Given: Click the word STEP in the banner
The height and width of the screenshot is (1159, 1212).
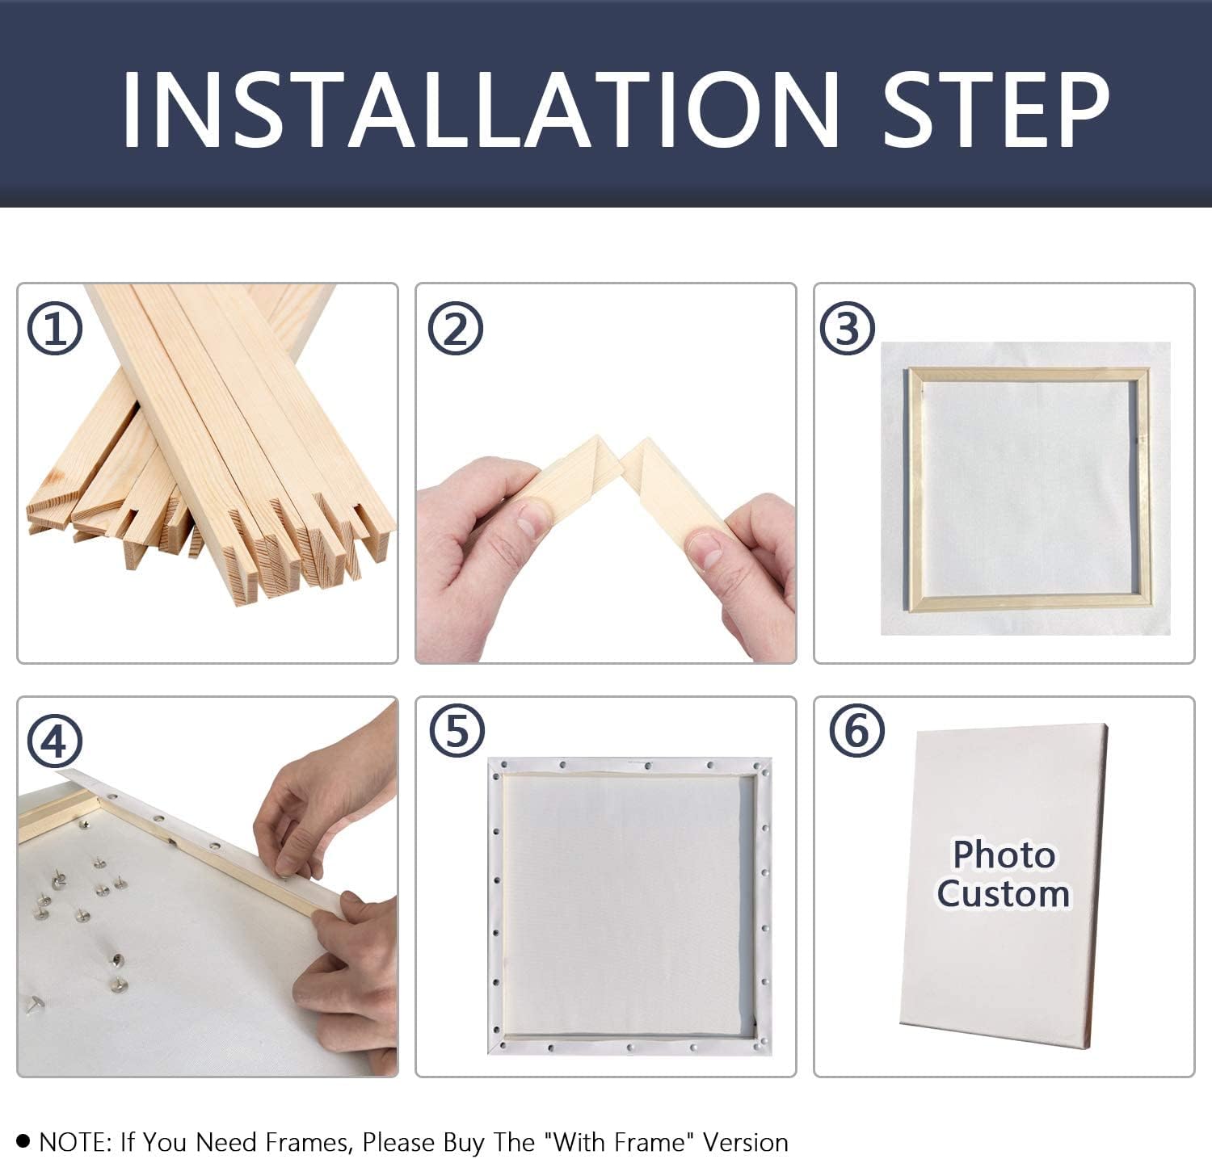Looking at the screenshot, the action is click(x=996, y=110).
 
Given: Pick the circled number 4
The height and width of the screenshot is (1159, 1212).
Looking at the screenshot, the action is click(x=55, y=741).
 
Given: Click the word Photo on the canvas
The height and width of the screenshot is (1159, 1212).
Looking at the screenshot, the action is click(x=1004, y=855).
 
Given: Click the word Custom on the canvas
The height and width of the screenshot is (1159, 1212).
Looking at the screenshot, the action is click(x=1004, y=893).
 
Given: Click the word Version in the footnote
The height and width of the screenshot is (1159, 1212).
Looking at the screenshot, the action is click(x=745, y=1142).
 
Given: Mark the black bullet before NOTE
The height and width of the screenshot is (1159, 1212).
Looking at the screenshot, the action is click(x=23, y=1141).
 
